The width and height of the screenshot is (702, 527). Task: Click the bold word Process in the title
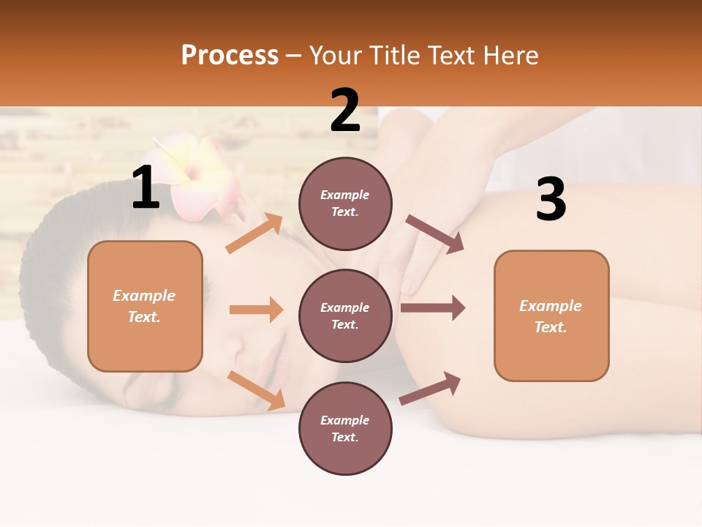click(230, 55)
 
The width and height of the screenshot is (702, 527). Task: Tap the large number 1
click(146, 188)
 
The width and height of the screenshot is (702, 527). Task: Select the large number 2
click(345, 111)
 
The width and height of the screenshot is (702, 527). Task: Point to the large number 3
click(551, 200)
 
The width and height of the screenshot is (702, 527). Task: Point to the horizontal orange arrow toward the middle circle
click(256, 310)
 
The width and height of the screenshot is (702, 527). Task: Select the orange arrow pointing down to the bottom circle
click(257, 390)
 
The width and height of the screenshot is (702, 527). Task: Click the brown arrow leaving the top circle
click(435, 234)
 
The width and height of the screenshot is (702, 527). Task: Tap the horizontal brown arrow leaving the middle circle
click(432, 308)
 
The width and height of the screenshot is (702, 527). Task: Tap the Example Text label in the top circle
click(345, 203)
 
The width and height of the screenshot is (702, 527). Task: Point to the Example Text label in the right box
click(551, 316)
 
